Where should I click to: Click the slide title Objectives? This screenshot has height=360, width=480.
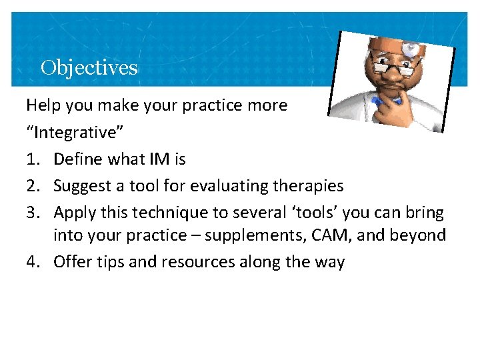pyautogui.click(x=89, y=67)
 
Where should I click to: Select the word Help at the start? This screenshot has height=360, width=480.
pyautogui.click(x=41, y=105)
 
